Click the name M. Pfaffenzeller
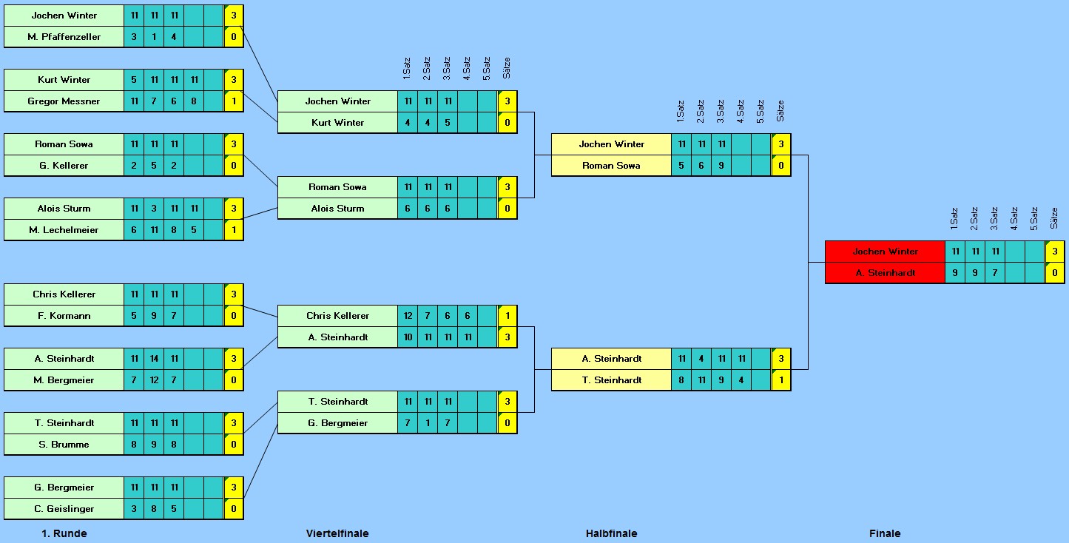tap(64, 37)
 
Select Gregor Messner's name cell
tap(64, 101)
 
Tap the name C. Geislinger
tap(64, 509)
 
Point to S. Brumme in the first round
tap(64, 445)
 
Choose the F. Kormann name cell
tap(64, 316)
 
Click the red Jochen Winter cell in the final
tap(885, 252)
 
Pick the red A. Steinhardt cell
tap(885, 273)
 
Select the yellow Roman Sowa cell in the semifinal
tap(611, 166)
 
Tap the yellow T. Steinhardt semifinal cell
tap(611, 380)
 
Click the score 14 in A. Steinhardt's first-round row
tap(154, 359)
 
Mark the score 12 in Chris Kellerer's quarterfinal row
tap(408, 316)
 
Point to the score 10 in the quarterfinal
tap(408, 337)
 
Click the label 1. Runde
tap(64, 533)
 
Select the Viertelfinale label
tap(337, 533)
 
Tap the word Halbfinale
tap(611, 533)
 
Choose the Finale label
tap(885, 533)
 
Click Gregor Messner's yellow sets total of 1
tap(234, 101)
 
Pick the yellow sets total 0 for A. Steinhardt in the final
tap(1055, 273)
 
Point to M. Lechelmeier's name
tap(64, 230)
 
